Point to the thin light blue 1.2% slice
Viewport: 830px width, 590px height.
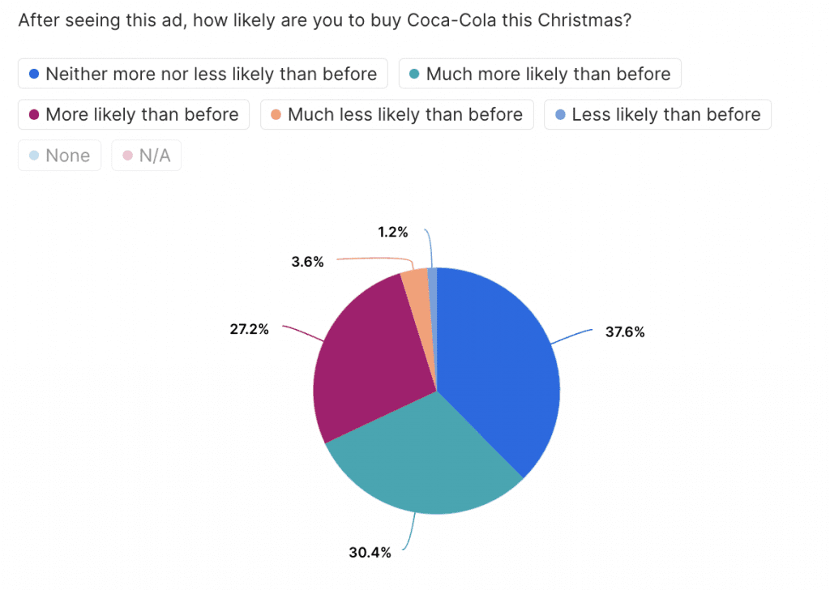tap(433, 280)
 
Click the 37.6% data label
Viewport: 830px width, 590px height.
tap(625, 331)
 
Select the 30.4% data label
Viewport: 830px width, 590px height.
tap(371, 553)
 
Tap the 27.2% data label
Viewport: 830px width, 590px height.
tap(249, 330)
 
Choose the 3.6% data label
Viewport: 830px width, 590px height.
tap(308, 262)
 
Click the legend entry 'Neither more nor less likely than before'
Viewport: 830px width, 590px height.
tap(203, 74)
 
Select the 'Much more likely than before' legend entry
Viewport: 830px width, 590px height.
tap(540, 74)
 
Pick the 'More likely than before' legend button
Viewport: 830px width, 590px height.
tap(134, 114)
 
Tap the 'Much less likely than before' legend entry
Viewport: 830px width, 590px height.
tap(396, 114)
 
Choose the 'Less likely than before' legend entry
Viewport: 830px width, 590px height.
tap(657, 114)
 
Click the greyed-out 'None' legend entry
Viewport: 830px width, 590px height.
tap(59, 156)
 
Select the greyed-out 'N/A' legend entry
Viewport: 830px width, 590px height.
tap(147, 156)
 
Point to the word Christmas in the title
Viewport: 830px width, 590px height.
tap(585, 20)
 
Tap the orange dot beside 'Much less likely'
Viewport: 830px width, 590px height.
tap(276, 115)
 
